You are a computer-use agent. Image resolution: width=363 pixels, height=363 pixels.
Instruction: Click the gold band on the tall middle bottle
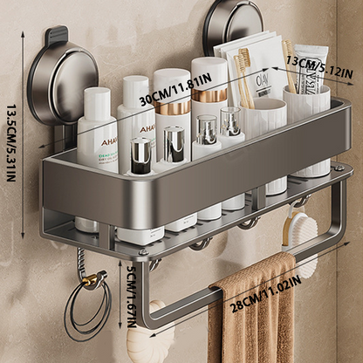tap(172, 106)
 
